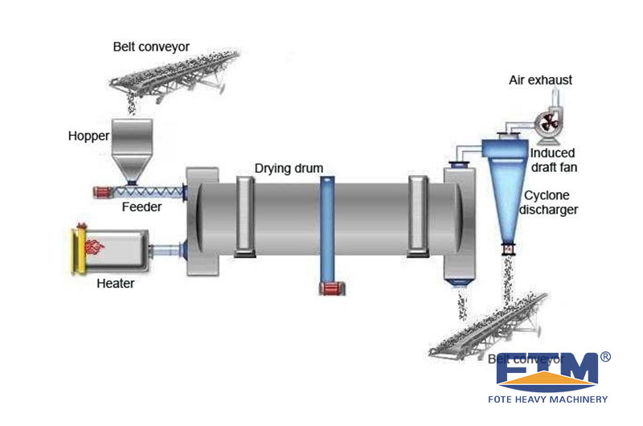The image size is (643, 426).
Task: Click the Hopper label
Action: click(88, 136)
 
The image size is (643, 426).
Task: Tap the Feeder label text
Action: click(142, 207)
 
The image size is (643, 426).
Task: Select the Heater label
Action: click(116, 283)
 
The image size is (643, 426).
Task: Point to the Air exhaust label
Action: click(541, 80)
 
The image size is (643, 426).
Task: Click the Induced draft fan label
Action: click(555, 160)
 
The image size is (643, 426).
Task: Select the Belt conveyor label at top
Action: click(151, 47)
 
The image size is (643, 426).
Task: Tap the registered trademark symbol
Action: click(605, 356)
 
